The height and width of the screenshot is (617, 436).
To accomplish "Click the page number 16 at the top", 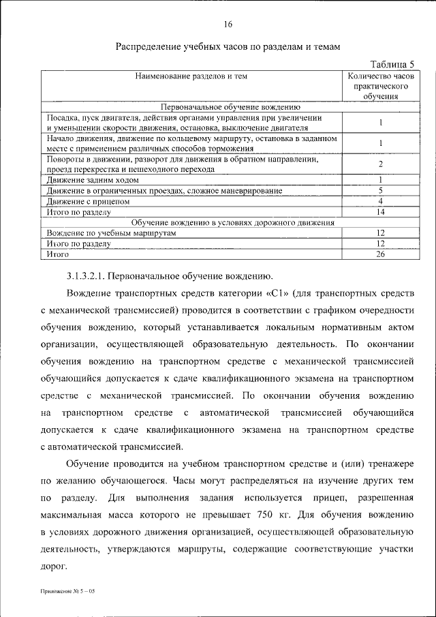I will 228,25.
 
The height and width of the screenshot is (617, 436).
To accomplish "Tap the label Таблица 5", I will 391,63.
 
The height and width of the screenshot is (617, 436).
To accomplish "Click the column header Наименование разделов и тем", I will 191,76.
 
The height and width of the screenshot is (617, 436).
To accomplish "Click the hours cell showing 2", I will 381,164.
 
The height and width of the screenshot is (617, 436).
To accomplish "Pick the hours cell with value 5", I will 381,190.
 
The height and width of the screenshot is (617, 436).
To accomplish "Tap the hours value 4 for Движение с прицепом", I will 381,201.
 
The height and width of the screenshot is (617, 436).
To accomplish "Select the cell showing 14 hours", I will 381,212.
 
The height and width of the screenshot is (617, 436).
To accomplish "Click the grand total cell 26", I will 381,254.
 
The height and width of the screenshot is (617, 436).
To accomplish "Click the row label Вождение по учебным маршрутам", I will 112,233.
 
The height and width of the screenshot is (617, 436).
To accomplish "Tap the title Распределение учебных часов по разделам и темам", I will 228,47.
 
